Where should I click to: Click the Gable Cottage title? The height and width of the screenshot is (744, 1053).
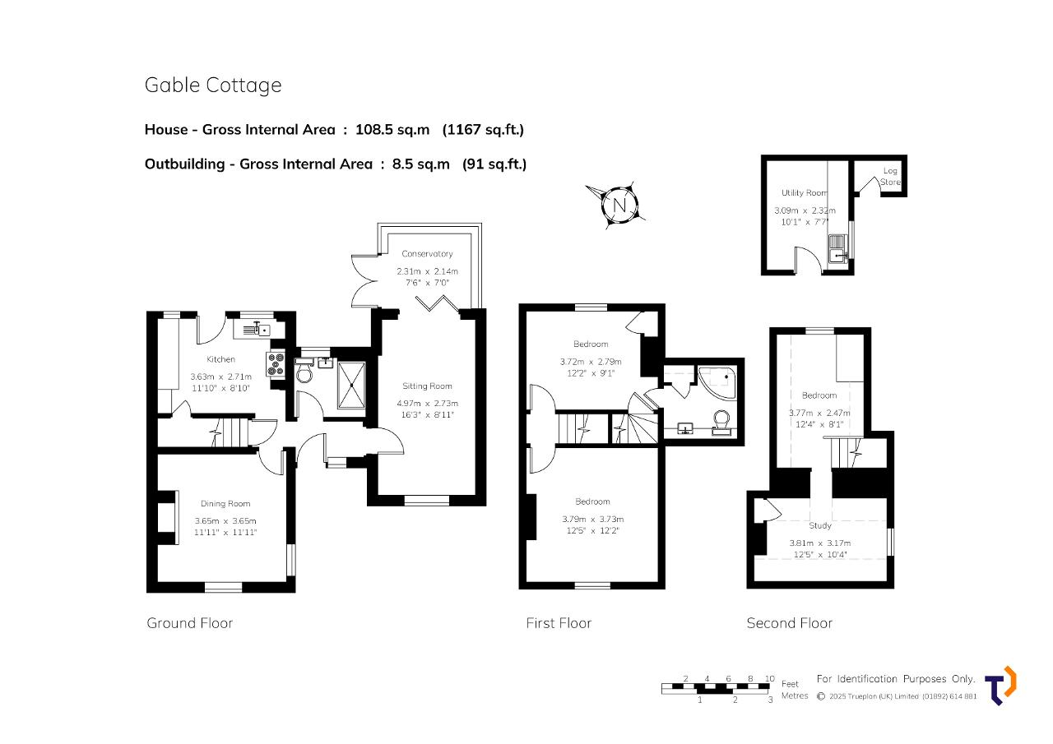click(213, 85)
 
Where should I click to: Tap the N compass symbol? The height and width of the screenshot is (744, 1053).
click(619, 206)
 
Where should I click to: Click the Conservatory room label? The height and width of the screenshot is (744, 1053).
click(427, 254)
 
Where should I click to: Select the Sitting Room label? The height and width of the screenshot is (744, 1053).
click(427, 386)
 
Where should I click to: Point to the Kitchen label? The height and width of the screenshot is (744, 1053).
click(221, 359)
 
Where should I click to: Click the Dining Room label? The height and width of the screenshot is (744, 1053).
click(225, 503)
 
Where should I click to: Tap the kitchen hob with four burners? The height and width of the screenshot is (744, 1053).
click(276, 364)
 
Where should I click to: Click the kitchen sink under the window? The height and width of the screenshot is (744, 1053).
click(257, 330)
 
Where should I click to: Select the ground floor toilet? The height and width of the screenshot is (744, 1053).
click(304, 370)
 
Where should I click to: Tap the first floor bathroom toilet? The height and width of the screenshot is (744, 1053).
click(721, 423)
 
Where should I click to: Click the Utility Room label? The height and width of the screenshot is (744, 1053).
click(805, 193)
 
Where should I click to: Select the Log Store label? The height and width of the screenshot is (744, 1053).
click(890, 177)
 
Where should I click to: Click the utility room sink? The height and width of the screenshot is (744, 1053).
click(837, 249)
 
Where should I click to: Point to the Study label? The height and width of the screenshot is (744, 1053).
click(820, 525)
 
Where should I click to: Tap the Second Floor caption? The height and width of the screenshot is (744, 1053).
click(790, 623)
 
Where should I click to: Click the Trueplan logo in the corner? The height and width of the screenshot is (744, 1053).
click(1000, 686)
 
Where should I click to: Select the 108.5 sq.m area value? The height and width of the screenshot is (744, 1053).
click(392, 130)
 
